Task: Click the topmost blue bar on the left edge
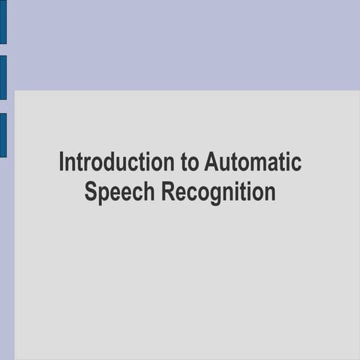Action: pos(3,22)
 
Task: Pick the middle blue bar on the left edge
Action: pos(3,77)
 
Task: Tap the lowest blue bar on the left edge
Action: pos(3,135)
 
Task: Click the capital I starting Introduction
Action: pos(62,162)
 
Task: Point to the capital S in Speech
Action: pos(91,192)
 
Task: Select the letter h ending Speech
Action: pos(148,192)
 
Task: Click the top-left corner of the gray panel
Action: pos(16,92)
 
